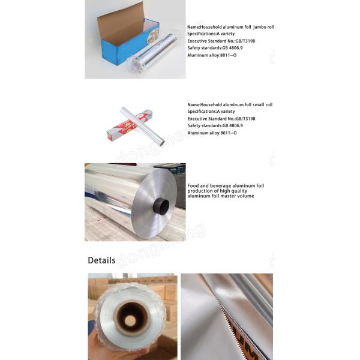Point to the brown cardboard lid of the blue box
(x=120, y=18)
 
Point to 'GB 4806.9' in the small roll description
(x=233, y=125)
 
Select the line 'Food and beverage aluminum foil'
(x=226, y=186)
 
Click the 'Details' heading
(x=101, y=260)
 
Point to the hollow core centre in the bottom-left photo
(x=129, y=319)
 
